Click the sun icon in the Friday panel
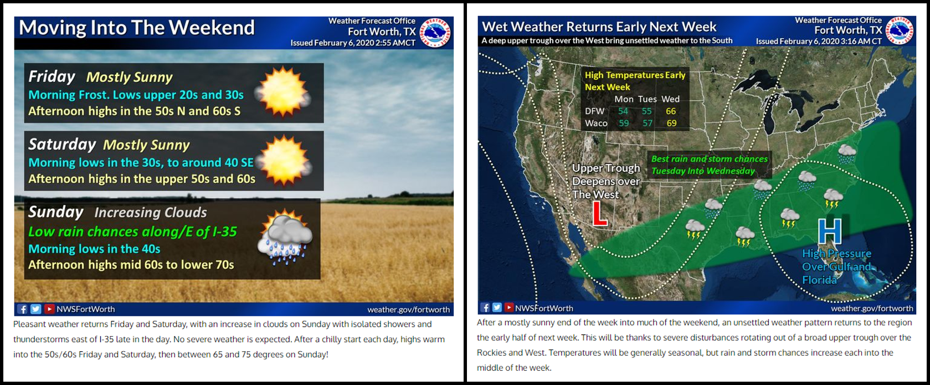283,91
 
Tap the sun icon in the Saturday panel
284,160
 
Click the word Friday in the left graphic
52,77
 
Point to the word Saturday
62,144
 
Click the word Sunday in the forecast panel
55,212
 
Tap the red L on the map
599,213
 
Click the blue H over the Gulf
830,231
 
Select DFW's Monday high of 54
623,111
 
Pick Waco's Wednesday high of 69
671,123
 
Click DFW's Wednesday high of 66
671,111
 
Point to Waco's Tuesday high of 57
648,123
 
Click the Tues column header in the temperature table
648,99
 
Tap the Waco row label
596,123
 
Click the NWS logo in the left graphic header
435,32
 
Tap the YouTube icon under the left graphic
49,309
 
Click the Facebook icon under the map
485,308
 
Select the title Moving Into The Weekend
137,28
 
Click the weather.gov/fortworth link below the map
872,308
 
